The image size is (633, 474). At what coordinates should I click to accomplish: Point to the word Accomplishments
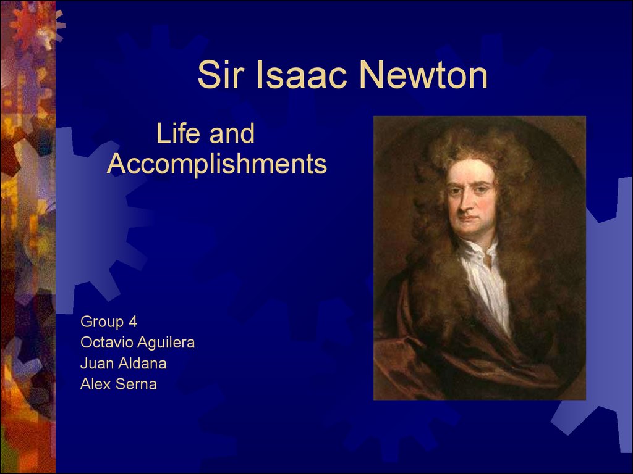217,164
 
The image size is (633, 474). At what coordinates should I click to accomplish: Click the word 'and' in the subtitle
232,133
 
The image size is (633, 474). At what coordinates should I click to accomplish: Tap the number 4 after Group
133,322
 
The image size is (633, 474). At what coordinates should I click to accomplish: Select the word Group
102,322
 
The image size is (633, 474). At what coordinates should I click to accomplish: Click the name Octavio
106,342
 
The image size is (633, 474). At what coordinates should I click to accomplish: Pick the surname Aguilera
166,343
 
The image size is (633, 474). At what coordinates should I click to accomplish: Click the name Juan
97,363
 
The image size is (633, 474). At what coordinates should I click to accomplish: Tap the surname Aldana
142,363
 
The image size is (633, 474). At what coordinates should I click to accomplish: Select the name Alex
95,384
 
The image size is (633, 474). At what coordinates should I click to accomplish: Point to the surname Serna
135,384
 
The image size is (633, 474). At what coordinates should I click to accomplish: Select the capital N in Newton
371,75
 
